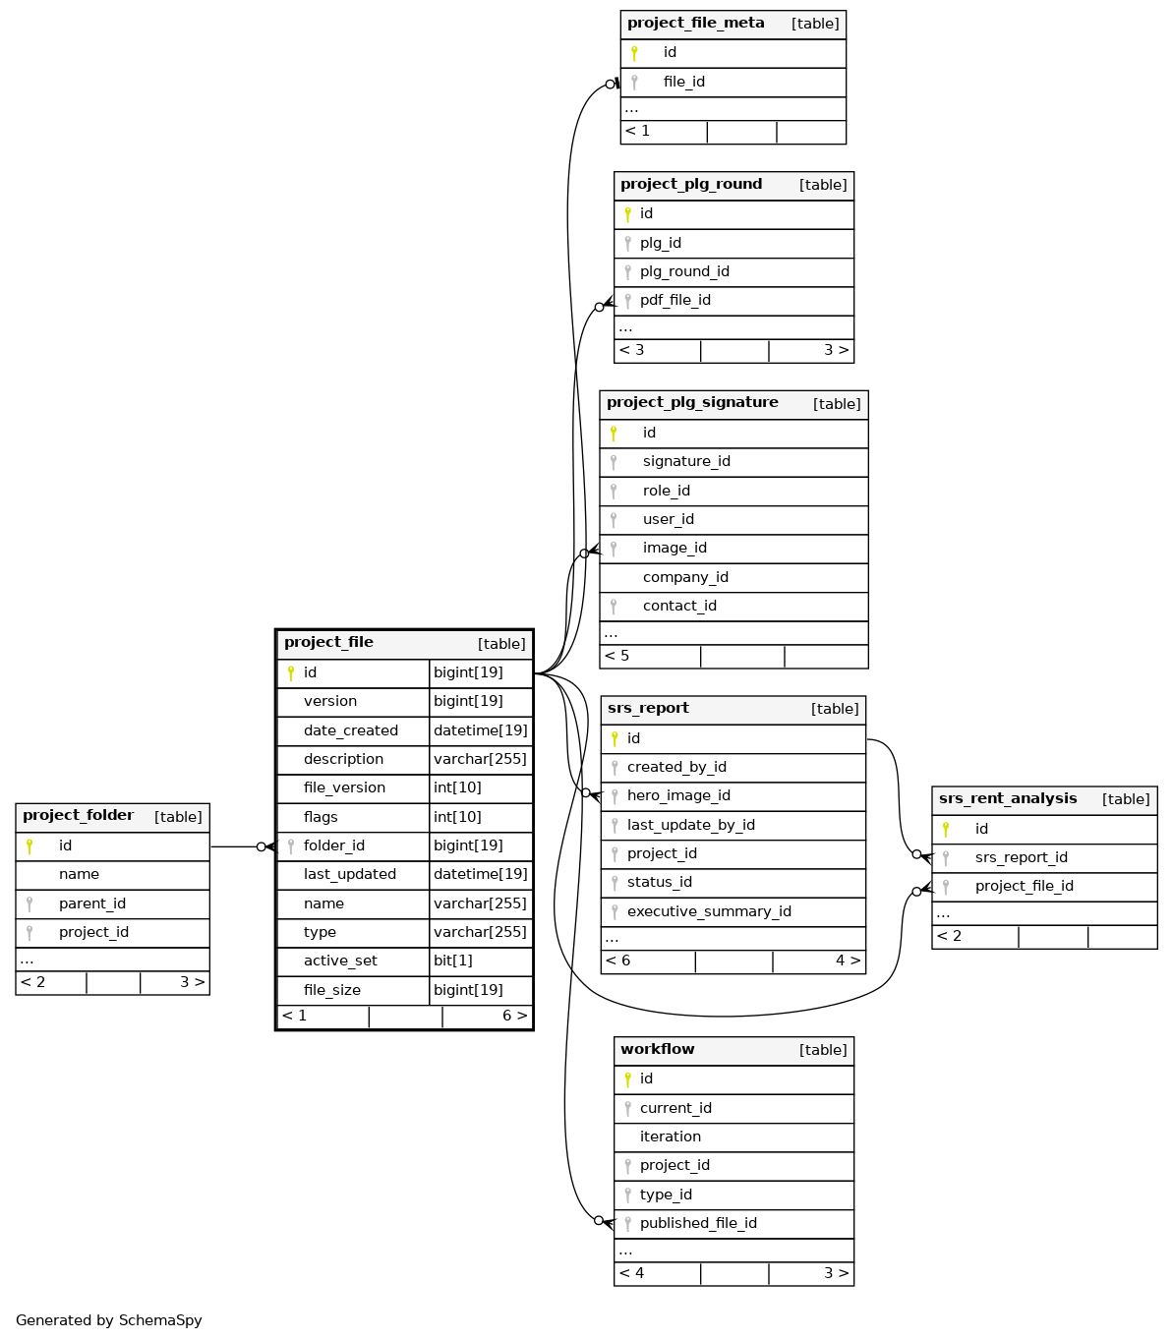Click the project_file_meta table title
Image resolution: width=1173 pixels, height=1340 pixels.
(x=695, y=24)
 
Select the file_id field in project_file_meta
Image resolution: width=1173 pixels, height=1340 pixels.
(x=683, y=82)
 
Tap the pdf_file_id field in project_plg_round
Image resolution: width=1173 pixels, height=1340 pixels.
(x=674, y=300)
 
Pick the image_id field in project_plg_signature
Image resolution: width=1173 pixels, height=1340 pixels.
(x=674, y=548)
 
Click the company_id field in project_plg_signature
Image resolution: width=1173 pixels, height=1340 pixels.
(x=685, y=577)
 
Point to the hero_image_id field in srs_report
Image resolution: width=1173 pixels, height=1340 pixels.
(x=678, y=795)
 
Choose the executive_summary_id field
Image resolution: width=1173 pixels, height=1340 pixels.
(x=709, y=911)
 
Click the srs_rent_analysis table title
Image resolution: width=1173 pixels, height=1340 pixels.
(x=1008, y=799)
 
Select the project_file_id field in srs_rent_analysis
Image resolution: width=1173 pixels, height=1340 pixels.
(x=1024, y=886)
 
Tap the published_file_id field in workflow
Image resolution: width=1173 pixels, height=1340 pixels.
(x=698, y=1223)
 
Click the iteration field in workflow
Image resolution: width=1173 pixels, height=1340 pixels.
(x=671, y=1136)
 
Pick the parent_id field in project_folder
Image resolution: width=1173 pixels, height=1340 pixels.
(x=92, y=903)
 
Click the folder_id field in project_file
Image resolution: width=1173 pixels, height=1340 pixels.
(x=334, y=845)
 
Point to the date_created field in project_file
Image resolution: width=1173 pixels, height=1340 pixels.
(x=351, y=730)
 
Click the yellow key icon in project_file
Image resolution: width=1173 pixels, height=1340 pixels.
(x=291, y=672)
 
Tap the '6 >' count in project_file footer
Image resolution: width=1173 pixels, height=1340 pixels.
(x=514, y=1016)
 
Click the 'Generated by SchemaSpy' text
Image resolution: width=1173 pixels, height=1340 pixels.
(x=109, y=1320)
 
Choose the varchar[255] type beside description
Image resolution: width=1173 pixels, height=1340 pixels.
(x=480, y=759)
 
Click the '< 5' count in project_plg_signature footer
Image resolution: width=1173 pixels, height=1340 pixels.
(x=617, y=656)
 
